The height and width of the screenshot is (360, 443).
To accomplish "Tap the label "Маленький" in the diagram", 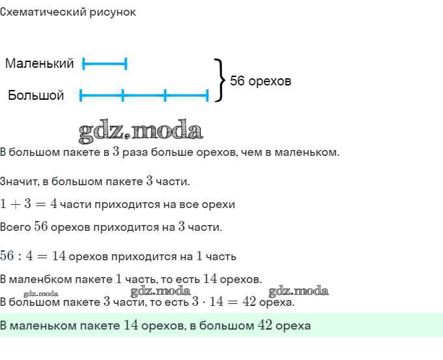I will pyautogui.click(x=39, y=64).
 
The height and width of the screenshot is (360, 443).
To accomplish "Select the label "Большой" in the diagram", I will pyautogui.click(x=36, y=96).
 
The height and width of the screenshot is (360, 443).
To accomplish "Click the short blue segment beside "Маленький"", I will pyautogui.click(x=104, y=64).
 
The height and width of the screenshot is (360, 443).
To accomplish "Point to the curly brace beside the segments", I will pyautogui.click(x=220, y=80).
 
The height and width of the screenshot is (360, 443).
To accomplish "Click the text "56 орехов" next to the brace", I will pyautogui.click(x=261, y=82).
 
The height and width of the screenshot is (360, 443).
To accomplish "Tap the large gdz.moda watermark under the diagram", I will pyautogui.click(x=140, y=130).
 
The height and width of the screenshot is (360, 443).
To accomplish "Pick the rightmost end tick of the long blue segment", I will pyautogui.click(x=207, y=96).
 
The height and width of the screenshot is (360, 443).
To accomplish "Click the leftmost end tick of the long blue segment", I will pyautogui.click(x=81, y=96).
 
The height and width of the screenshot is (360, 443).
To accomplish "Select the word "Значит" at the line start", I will pyautogui.click(x=19, y=181).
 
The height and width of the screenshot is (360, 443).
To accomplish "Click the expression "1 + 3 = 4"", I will pyautogui.click(x=29, y=204).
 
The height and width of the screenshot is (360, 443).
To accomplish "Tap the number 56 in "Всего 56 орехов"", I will pyautogui.click(x=41, y=227).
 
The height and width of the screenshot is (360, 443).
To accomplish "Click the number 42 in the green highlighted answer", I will pyautogui.click(x=264, y=325).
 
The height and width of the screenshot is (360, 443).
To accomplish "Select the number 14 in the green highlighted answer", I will pyautogui.click(x=130, y=325).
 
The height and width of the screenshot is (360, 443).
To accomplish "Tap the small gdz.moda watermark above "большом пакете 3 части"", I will pyautogui.click(x=40, y=294).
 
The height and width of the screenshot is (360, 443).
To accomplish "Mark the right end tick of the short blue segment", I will pyautogui.click(x=126, y=64).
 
